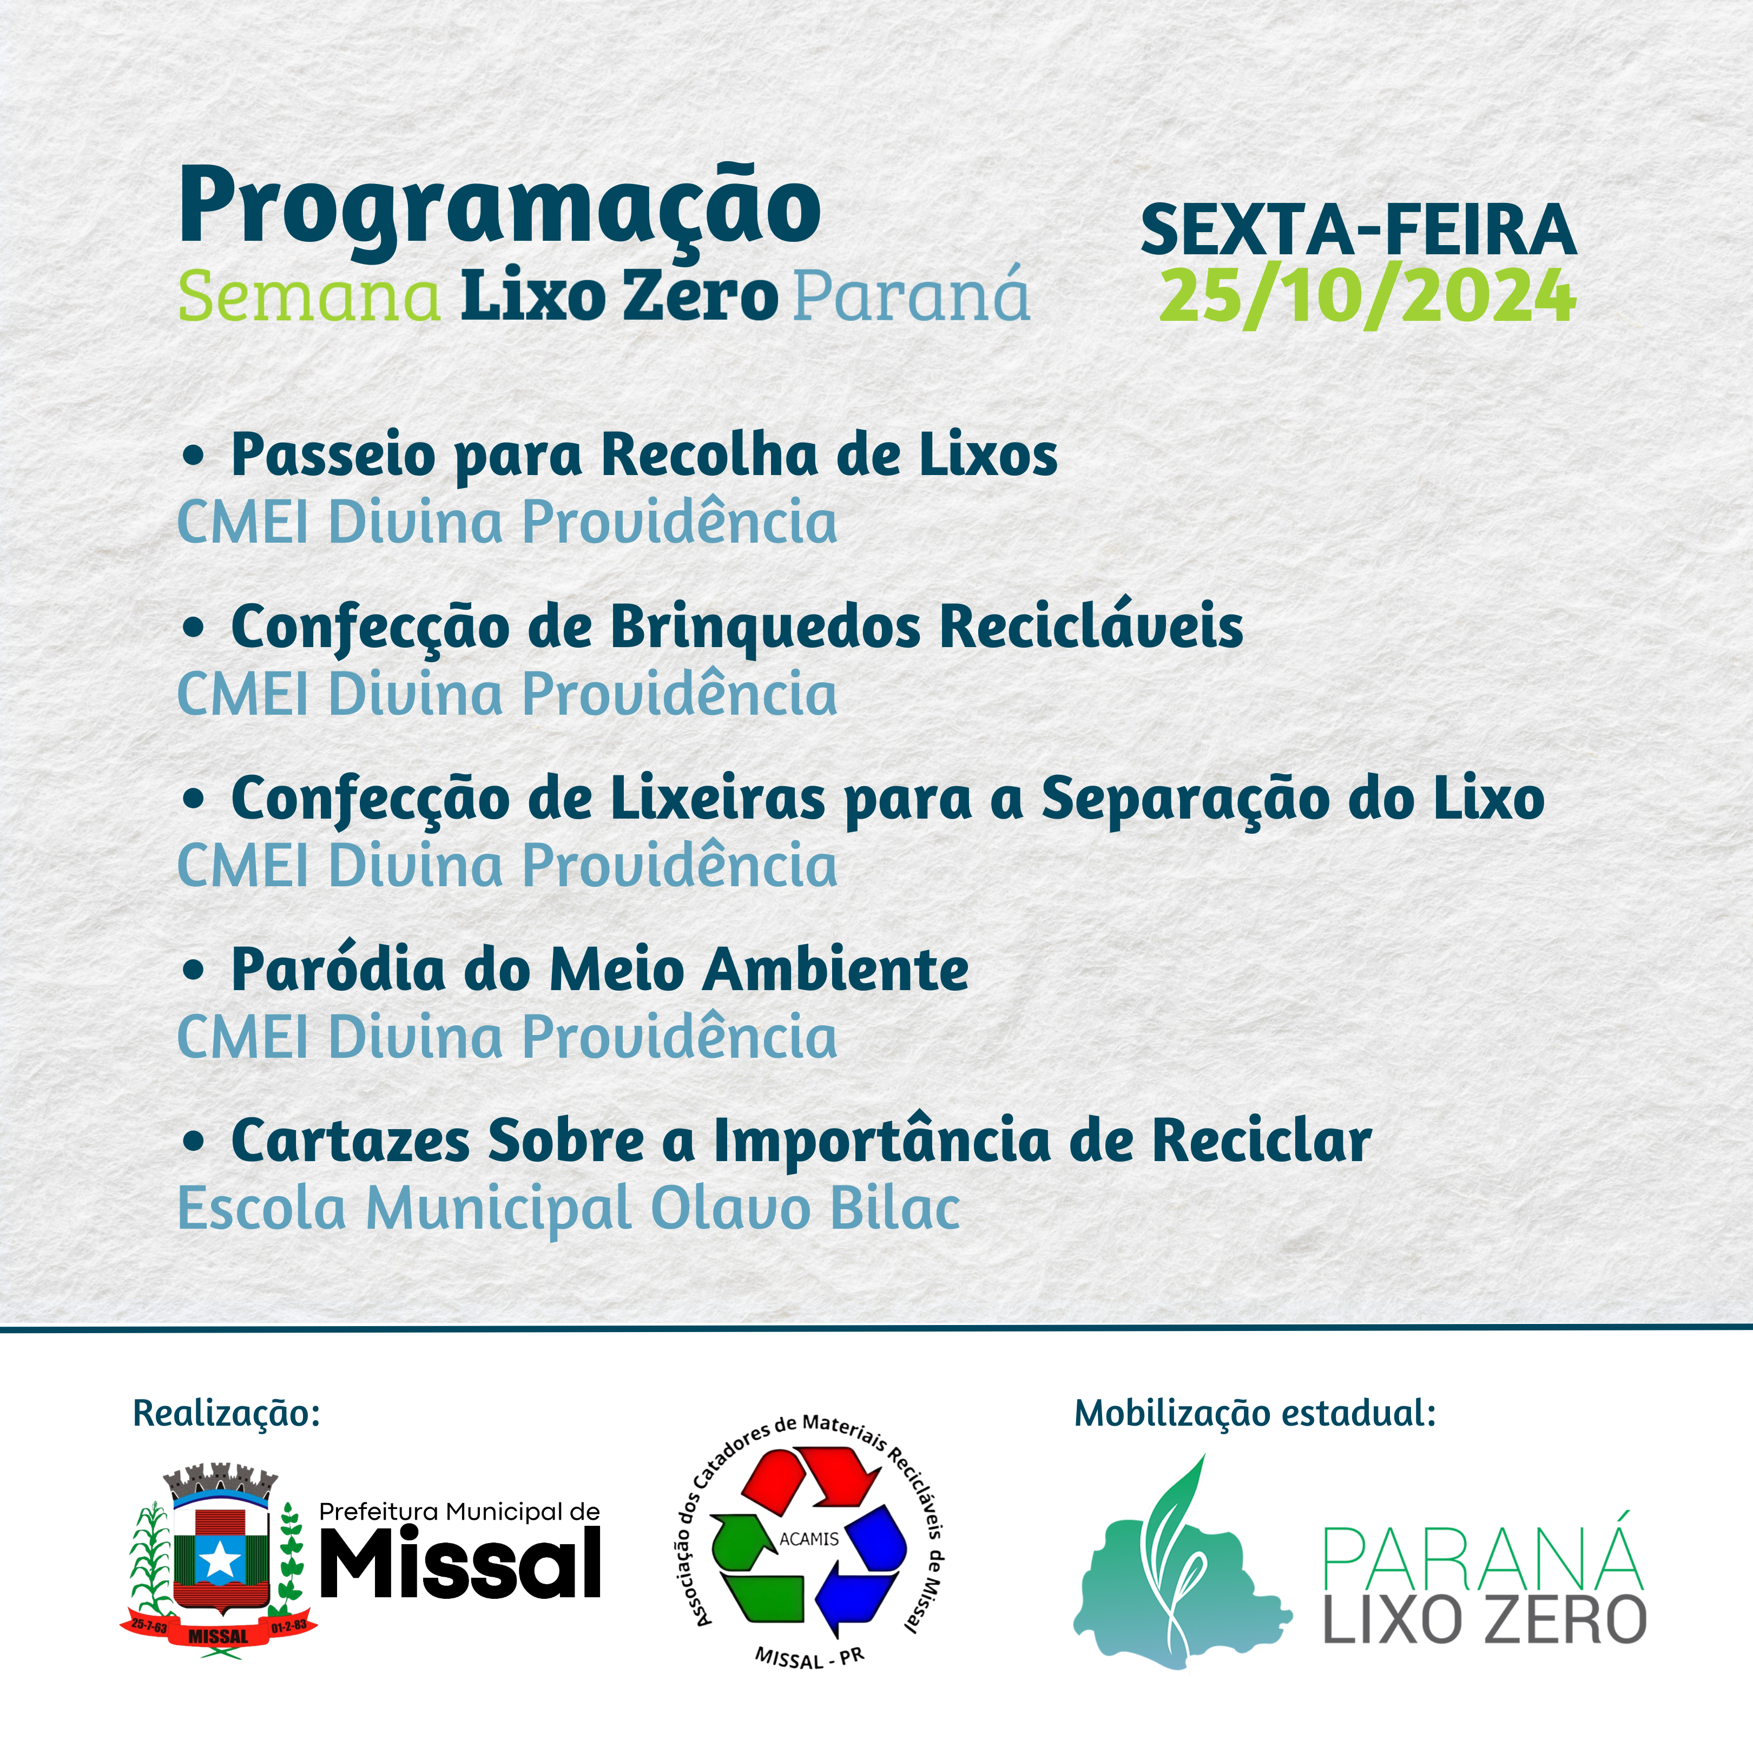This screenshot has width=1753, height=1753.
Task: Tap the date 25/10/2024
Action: (1367, 296)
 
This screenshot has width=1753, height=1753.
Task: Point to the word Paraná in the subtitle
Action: (912, 294)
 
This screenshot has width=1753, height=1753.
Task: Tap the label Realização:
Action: (227, 1414)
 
